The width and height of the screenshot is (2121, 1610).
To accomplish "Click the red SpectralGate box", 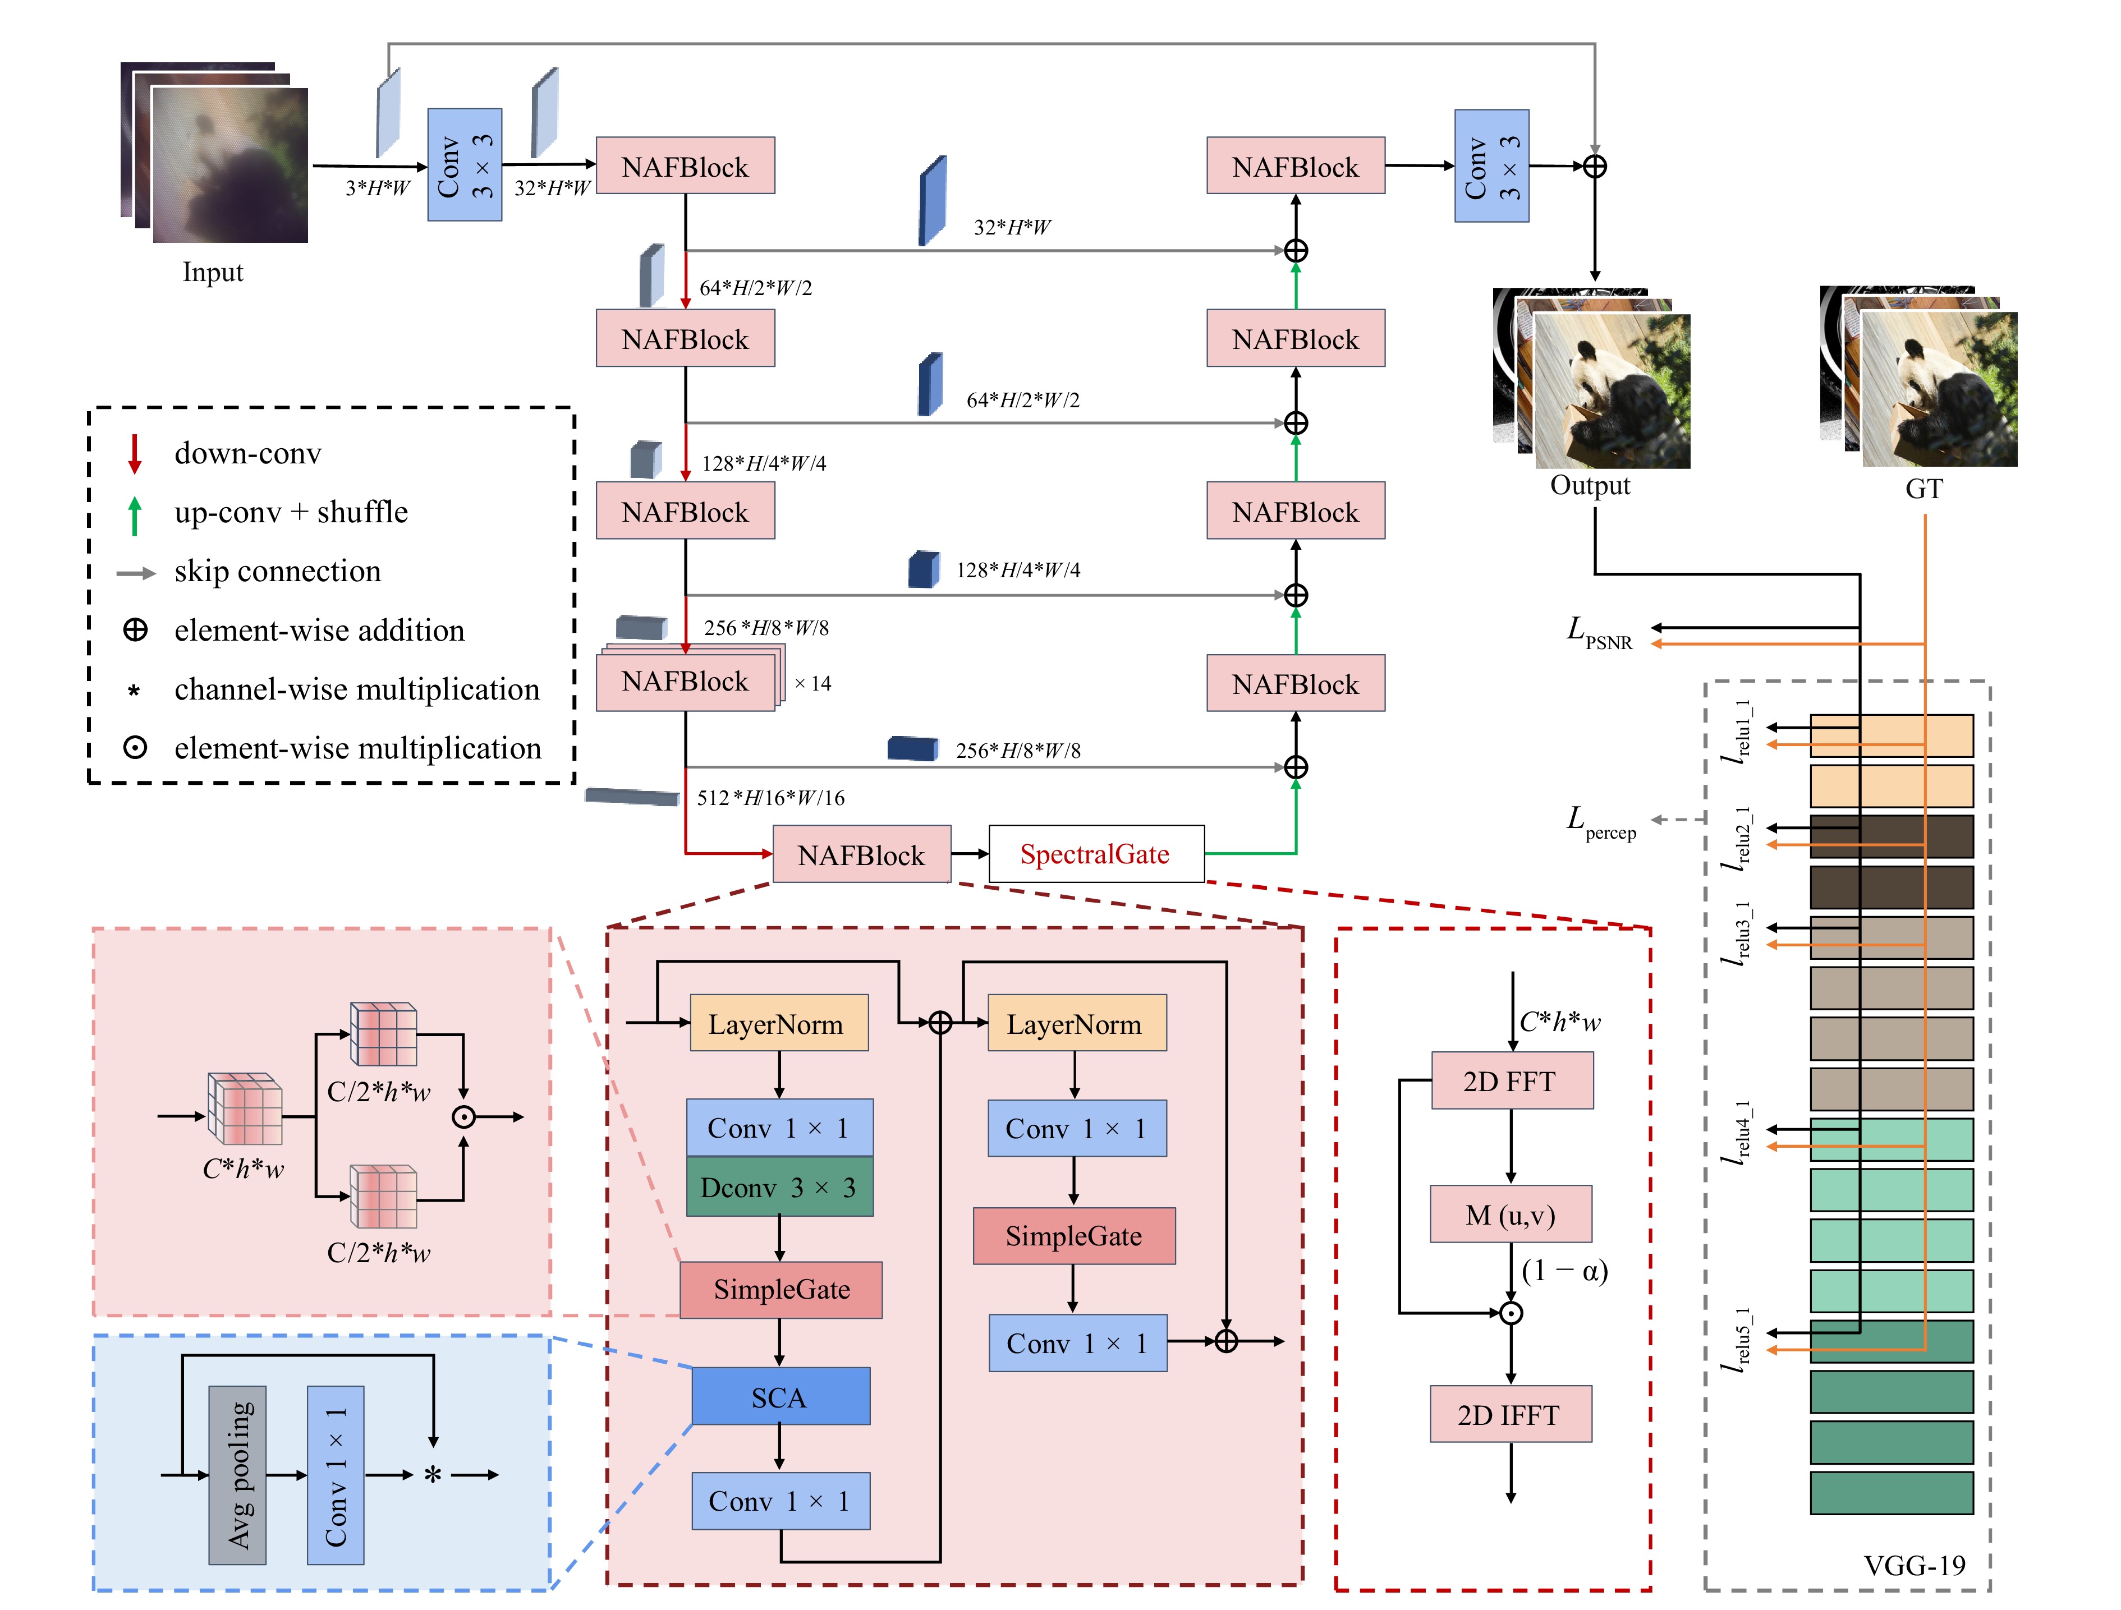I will click(1095, 853).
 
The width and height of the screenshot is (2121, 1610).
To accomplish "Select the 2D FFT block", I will click(1511, 1080).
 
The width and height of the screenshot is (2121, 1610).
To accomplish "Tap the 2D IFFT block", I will click(1509, 1414).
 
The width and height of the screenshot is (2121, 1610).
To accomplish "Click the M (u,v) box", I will click(1510, 1215).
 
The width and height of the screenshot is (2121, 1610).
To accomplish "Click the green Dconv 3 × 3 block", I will click(779, 1187).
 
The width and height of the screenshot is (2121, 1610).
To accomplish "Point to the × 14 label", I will click(812, 684).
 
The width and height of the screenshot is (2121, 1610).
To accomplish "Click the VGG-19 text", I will click(1914, 1566).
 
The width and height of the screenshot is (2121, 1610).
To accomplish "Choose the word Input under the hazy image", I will click(213, 272).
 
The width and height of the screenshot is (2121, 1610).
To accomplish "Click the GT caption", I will click(1923, 489).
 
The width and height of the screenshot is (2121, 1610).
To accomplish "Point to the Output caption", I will click(1590, 485).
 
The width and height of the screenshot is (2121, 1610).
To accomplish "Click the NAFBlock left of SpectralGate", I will click(861, 854).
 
